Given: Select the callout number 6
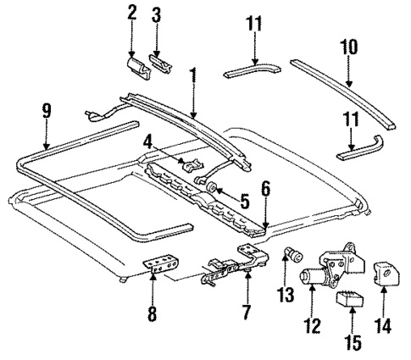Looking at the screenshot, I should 265,192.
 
